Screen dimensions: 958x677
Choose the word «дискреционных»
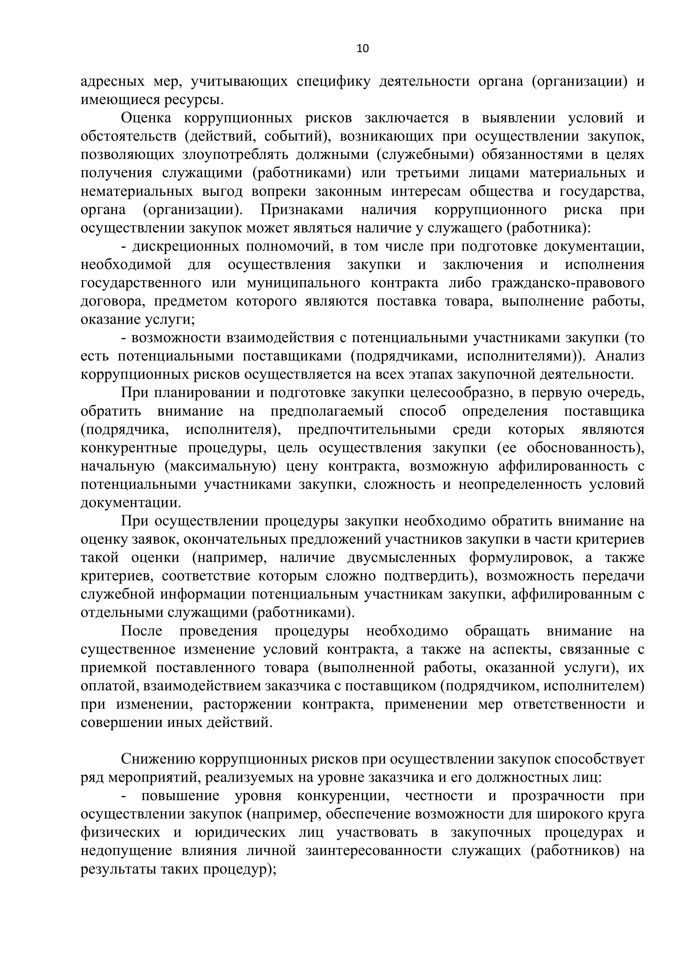pyautogui.click(x=183, y=247)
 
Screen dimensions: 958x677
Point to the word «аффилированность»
pyautogui.click(x=563, y=466)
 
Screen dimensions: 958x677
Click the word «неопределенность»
pyautogui.click(x=521, y=484)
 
